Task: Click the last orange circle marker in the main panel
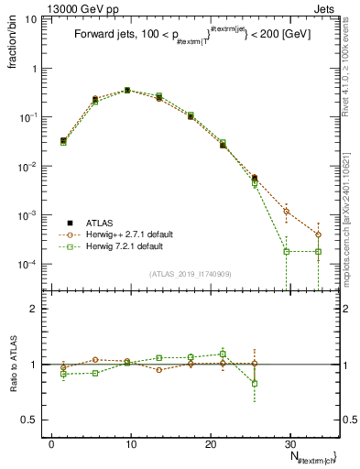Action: click(318, 234)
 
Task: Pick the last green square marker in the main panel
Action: click(318, 251)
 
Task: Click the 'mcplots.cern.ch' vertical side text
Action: click(349, 229)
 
